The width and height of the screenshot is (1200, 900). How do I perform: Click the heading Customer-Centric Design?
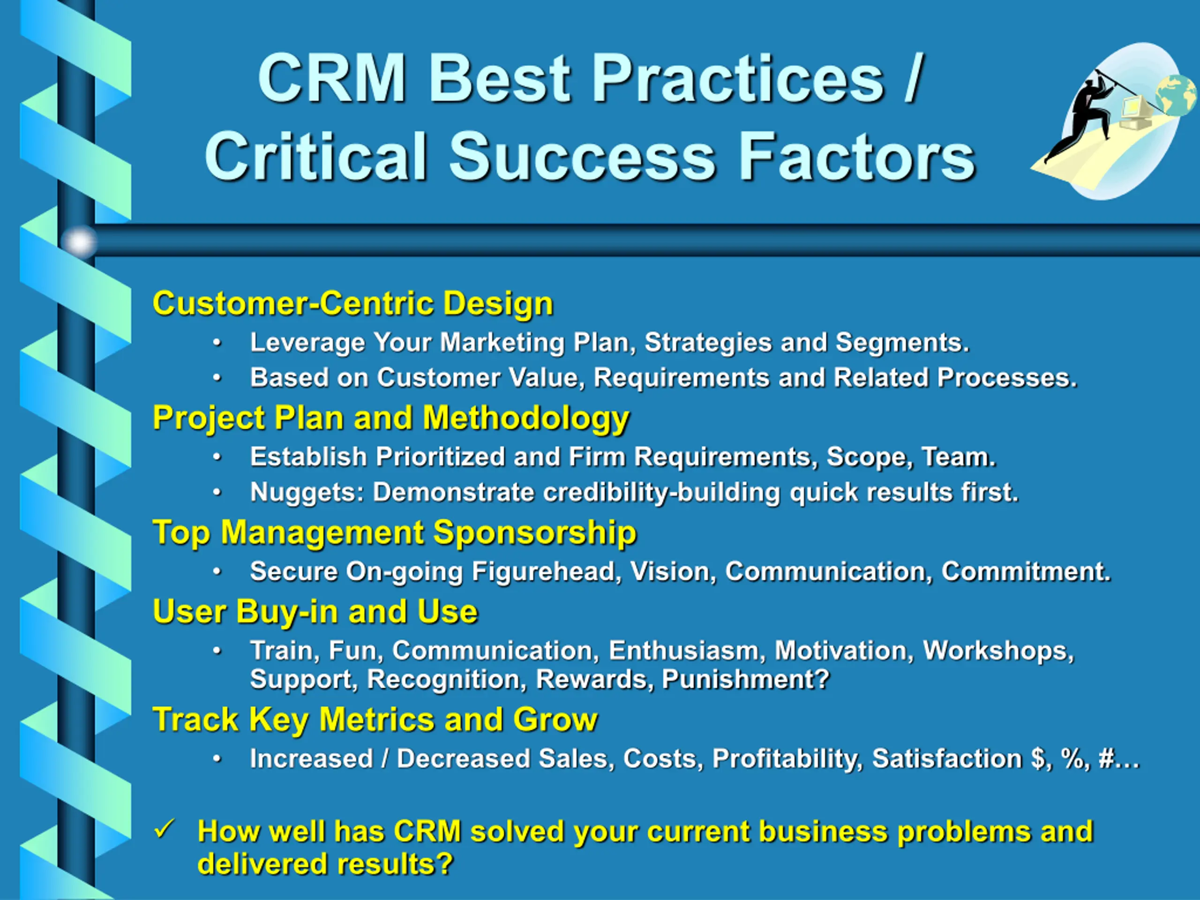coord(352,303)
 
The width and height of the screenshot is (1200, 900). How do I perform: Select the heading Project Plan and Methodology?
coord(390,419)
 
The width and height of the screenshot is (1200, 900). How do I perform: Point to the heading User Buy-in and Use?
coord(315,612)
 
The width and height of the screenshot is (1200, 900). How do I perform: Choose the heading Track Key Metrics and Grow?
coord(375,720)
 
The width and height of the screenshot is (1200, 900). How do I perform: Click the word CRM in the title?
coord(332,78)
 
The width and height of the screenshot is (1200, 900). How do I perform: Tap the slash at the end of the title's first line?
coord(913,78)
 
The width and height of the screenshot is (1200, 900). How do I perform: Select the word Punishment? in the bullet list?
coord(746,679)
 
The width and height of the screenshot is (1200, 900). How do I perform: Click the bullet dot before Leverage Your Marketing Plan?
coord(217,343)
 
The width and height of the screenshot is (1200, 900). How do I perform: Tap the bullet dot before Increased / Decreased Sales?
coord(217,759)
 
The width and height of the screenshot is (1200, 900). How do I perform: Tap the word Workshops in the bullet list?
coord(998,651)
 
